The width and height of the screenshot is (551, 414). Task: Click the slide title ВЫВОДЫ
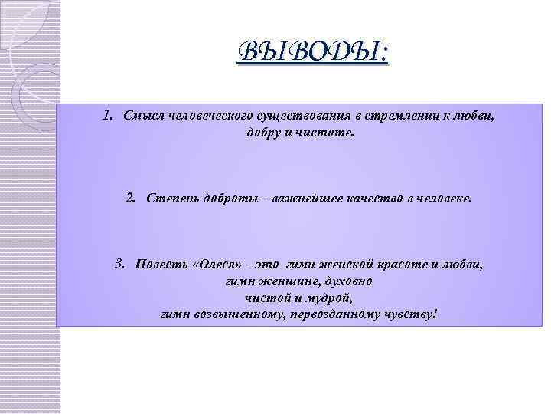[314, 53]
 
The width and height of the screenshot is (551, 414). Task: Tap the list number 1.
[108, 117]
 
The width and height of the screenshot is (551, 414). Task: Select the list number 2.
[130, 199]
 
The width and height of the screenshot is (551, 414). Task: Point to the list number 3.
[119, 264]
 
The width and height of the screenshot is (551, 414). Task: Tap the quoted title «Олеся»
[219, 265]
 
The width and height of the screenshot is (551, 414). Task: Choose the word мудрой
[330, 298]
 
